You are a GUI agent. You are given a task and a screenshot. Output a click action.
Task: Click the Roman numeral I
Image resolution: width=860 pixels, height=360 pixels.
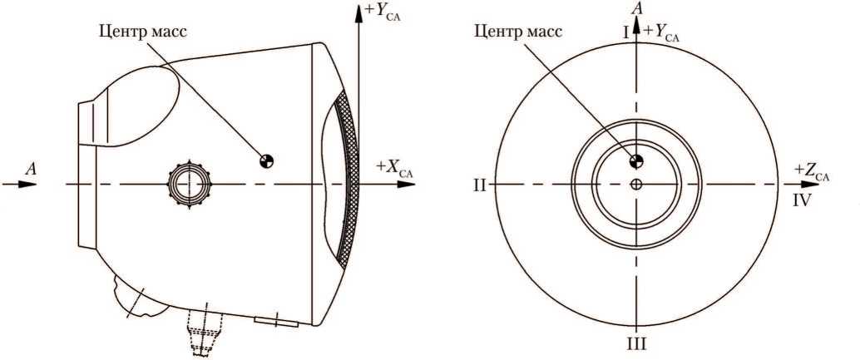coord(625,31)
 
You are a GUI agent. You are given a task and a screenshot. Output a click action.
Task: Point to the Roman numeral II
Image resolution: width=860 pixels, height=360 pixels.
coord(479,185)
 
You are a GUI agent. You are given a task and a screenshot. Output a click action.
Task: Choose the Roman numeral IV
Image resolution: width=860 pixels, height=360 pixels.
coord(802,200)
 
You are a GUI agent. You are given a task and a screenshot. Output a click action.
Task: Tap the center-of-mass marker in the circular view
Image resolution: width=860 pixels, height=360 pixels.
coord(636,160)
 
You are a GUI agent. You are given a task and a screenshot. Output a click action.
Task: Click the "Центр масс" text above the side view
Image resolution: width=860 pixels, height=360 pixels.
coord(142,32)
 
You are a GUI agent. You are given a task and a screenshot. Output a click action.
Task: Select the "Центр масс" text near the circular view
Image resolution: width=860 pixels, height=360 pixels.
coord(517,32)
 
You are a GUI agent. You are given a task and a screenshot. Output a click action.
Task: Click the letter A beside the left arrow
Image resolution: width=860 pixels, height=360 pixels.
coord(32,169)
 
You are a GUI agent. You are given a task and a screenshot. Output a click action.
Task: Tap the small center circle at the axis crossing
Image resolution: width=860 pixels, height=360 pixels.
coord(636,184)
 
